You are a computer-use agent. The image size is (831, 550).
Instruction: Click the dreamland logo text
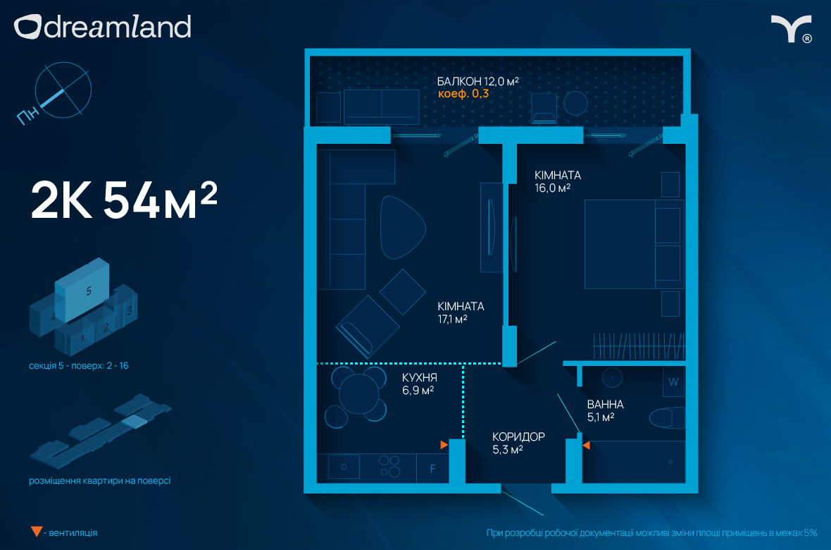coord(117,27)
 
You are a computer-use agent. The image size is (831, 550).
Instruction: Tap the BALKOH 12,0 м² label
coord(477,81)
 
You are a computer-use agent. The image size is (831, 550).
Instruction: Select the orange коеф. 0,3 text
coord(463,94)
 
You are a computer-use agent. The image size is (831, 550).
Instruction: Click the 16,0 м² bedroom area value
coord(552,188)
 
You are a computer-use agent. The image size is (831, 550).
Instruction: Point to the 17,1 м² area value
coord(452,319)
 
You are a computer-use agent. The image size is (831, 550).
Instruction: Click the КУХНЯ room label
coord(419,377)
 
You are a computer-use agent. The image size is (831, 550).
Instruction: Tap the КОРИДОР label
coord(518,436)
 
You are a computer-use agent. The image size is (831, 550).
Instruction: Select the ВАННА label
coord(605,404)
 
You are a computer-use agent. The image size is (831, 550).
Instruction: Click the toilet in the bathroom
coord(668,418)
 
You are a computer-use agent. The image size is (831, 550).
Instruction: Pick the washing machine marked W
coord(673,381)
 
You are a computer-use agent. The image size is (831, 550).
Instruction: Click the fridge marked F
coord(433,468)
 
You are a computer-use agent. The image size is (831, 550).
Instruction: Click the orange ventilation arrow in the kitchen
coord(444,445)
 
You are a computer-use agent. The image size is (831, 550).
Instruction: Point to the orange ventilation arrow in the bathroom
coord(586,446)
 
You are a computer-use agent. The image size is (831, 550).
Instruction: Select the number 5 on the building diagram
coord(89,291)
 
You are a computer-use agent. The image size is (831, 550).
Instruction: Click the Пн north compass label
coord(27,115)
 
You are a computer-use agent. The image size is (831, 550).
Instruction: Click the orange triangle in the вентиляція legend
coord(37,532)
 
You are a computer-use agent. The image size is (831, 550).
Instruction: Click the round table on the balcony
coord(575,104)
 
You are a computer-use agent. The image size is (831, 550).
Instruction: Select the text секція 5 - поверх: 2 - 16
coord(78,366)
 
